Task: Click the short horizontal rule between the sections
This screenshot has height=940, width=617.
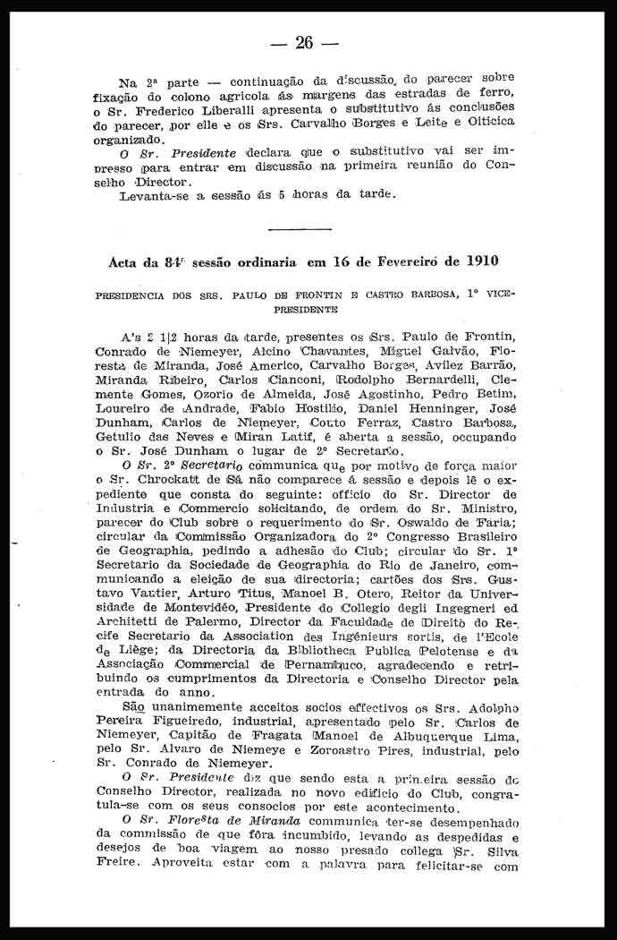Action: coord(299,230)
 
